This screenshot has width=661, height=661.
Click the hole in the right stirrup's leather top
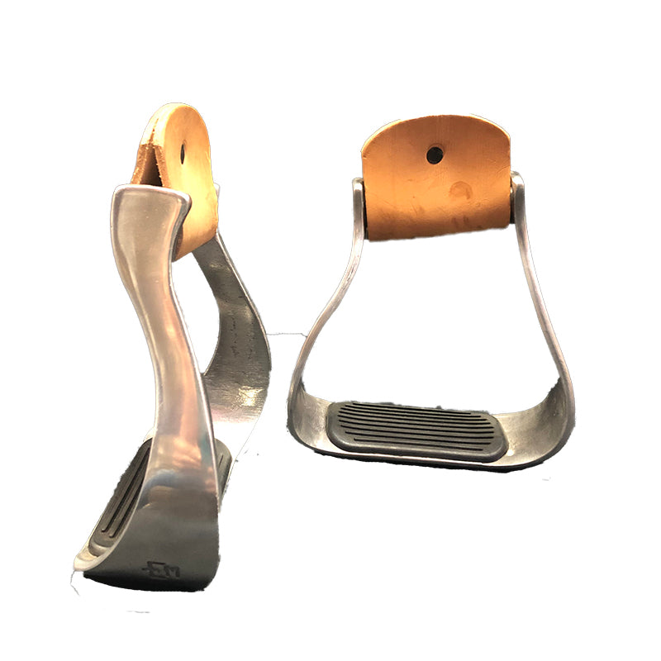(435, 154)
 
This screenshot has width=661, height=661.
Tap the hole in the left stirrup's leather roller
(183, 154)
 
